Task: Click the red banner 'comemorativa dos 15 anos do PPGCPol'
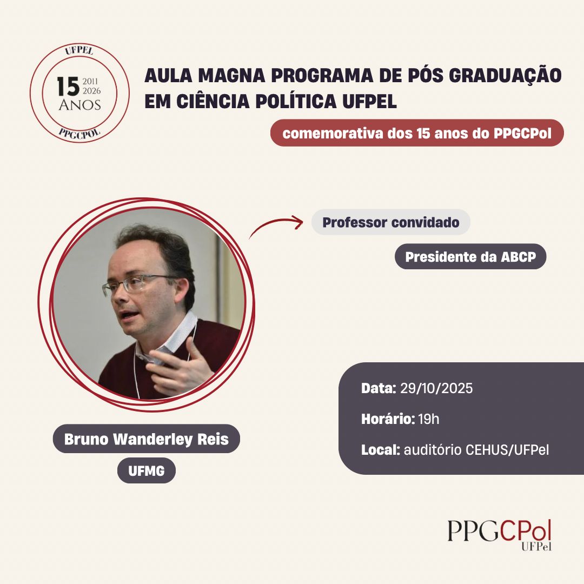[x=417, y=133]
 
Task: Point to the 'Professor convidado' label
[x=391, y=222]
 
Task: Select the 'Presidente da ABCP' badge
[x=470, y=257]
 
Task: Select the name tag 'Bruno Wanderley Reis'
[x=147, y=439]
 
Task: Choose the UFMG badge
[x=147, y=471]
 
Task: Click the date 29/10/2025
[x=436, y=388]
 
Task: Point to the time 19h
[x=429, y=420]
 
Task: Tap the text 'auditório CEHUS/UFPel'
[x=476, y=450]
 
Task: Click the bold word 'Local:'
[x=381, y=450]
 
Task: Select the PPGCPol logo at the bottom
[x=500, y=535]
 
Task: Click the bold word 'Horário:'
[x=388, y=420]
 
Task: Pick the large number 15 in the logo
[x=69, y=87]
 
